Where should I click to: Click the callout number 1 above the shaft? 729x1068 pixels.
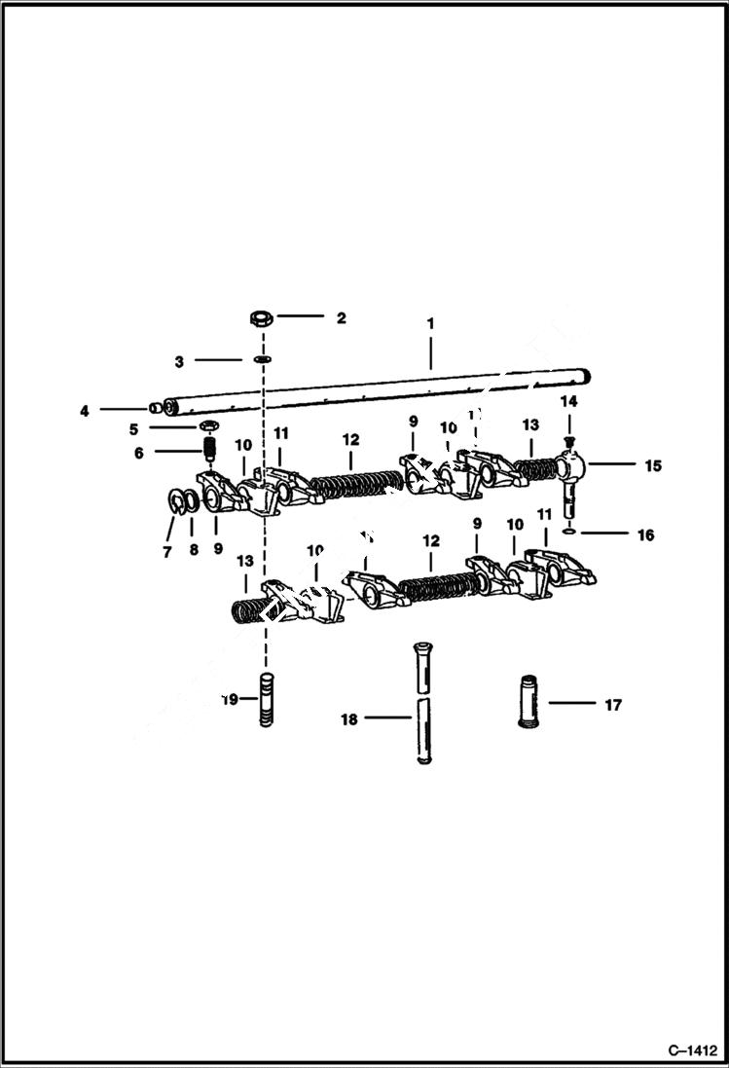[x=430, y=322]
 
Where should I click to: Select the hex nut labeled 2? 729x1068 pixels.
[x=260, y=317]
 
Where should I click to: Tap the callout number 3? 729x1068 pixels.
[x=179, y=361]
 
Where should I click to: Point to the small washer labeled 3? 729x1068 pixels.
[x=262, y=360]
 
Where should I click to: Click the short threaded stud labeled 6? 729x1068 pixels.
[x=207, y=451]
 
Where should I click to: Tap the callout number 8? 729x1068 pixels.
[x=192, y=550]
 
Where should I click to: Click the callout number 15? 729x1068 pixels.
[x=652, y=466]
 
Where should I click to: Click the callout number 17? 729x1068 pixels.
[x=613, y=705]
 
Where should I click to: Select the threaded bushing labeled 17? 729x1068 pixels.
[x=529, y=702]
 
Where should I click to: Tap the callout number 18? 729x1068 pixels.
[x=349, y=719]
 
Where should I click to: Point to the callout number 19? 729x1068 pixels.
[x=230, y=699]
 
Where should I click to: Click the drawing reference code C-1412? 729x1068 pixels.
[x=692, y=1050]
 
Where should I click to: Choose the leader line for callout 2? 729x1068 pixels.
[x=301, y=317]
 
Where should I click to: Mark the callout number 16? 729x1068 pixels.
[x=646, y=534]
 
